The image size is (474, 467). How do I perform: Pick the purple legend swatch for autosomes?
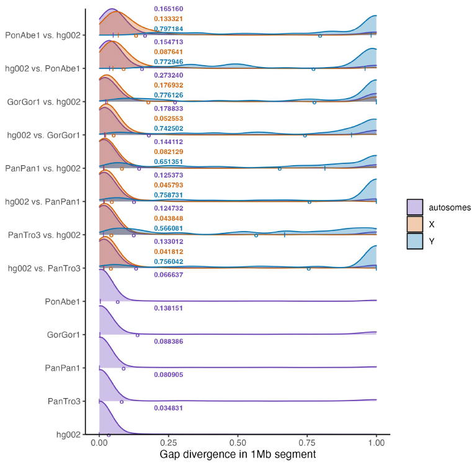pos(414,207)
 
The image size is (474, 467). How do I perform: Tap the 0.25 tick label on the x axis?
pos(169,444)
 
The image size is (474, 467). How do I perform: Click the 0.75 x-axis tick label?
pos(307,444)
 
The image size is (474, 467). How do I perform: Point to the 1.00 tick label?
pos(377,444)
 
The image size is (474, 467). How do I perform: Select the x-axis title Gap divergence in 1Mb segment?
pos(238,455)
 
